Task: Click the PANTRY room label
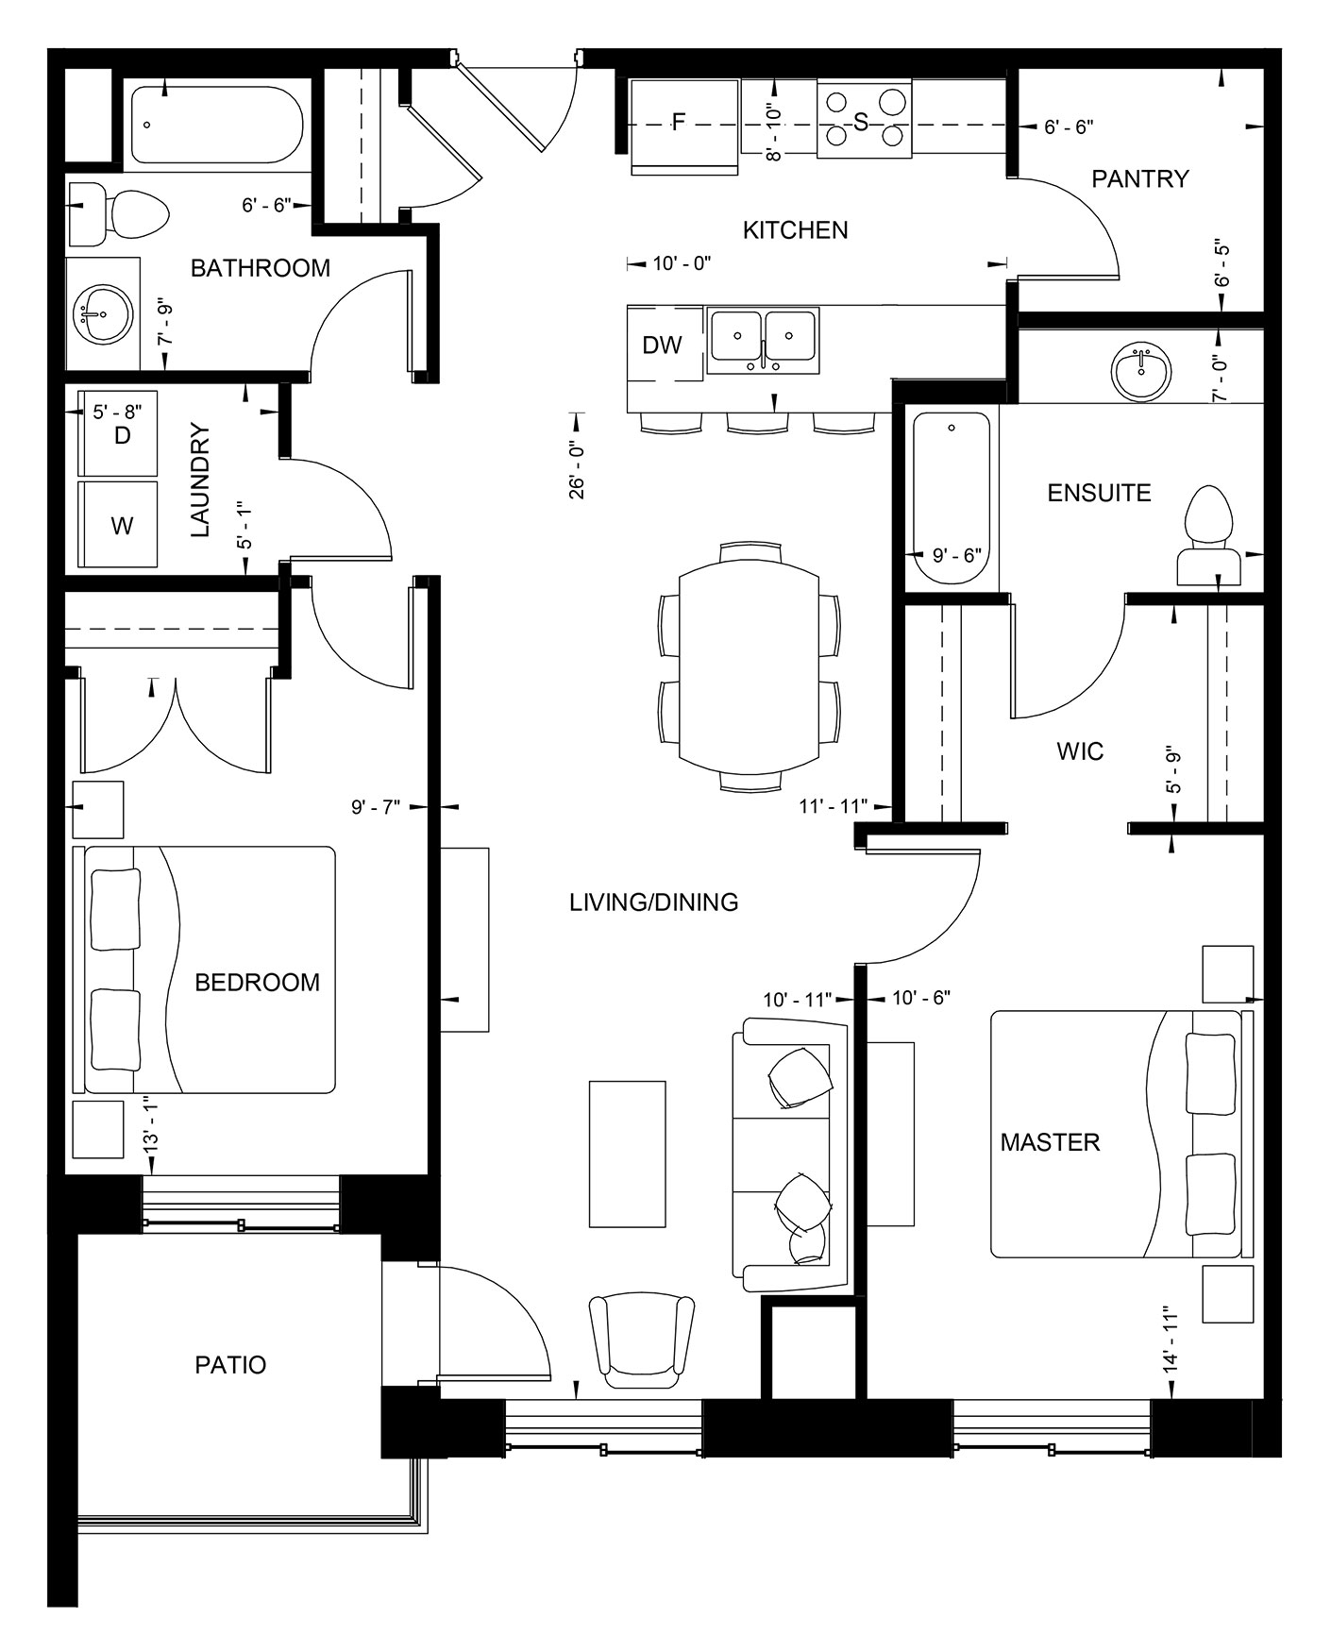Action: click(1139, 178)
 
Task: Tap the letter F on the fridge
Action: click(678, 122)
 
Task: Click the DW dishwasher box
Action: click(663, 346)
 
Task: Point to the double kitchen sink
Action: click(763, 337)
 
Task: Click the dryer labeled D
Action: click(120, 434)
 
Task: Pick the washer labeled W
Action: click(121, 525)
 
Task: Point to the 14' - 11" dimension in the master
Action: click(1171, 1339)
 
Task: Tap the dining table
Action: click(749, 666)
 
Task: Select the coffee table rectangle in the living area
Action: click(627, 1154)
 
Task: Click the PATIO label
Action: click(230, 1364)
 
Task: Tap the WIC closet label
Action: click(1080, 752)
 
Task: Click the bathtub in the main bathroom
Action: click(216, 125)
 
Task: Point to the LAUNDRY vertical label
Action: click(200, 481)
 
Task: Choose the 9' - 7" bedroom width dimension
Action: click(376, 806)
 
